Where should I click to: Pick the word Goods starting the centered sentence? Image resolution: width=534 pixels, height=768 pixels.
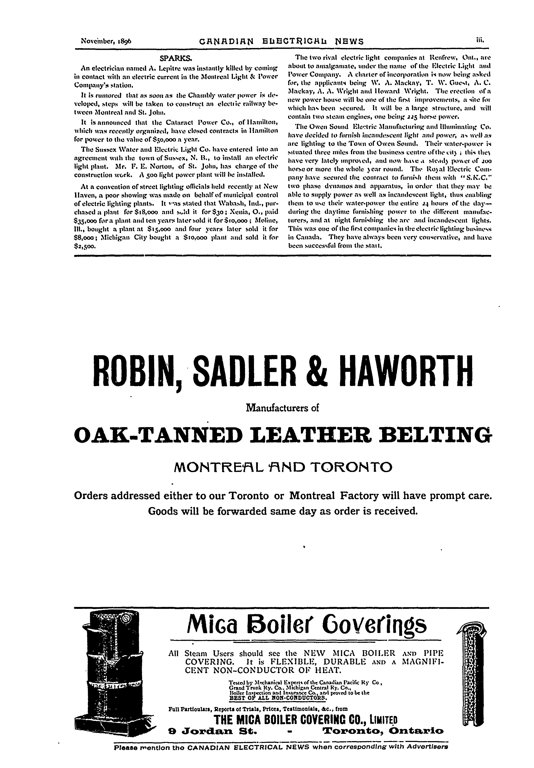coord(164,511)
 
